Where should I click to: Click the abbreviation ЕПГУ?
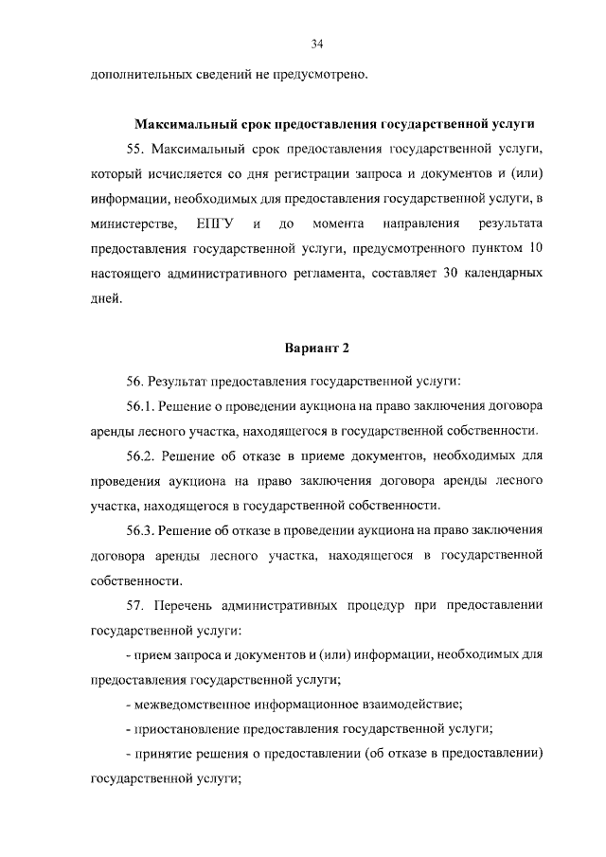pyautogui.click(x=215, y=223)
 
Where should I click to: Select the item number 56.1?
pyautogui.click(x=139, y=406)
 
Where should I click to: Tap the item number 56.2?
pyautogui.click(x=139, y=455)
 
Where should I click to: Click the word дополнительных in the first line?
pyautogui.click(x=134, y=74)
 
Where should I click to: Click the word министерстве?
pyautogui.click(x=134, y=223)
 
